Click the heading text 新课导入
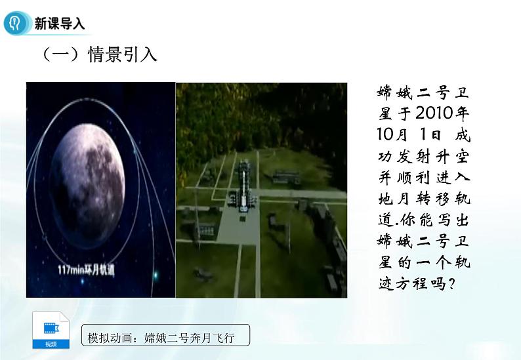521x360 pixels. tap(60, 24)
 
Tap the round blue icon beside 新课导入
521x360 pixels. tap(14, 24)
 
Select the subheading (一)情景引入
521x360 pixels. tap(100, 54)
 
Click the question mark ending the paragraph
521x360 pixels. tap(467, 284)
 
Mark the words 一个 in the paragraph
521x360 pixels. tap(434, 262)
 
